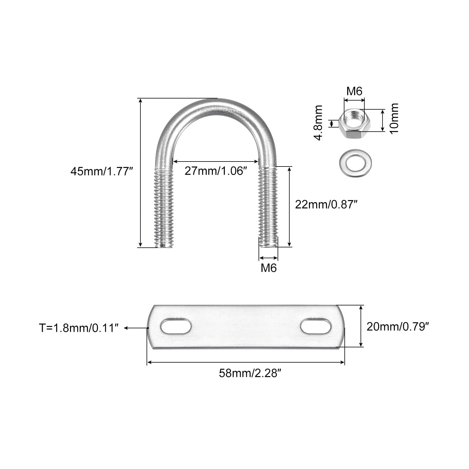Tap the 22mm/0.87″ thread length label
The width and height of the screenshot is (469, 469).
click(326, 204)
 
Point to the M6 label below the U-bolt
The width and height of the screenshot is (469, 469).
click(269, 268)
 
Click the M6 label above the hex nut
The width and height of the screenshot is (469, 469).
click(354, 91)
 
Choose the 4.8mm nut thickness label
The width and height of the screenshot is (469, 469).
click(318, 123)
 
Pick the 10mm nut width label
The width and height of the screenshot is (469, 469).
click(394, 118)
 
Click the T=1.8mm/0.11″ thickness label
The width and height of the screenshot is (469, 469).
click(79, 328)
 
